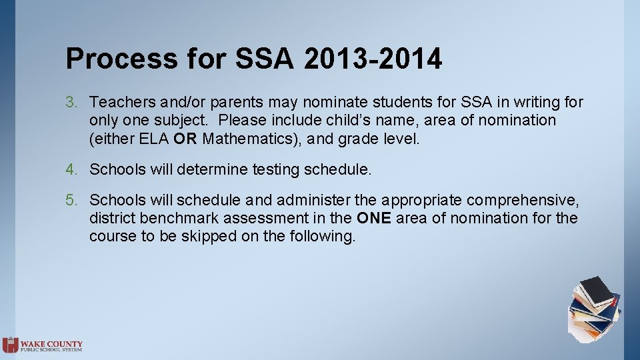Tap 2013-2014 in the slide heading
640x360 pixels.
click(x=373, y=59)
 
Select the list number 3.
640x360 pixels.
click(x=71, y=103)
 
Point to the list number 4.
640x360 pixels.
click(x=71, y=170)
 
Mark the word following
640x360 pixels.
click(x=321, y=237)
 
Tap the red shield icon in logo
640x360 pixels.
click(x=10, y=345)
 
